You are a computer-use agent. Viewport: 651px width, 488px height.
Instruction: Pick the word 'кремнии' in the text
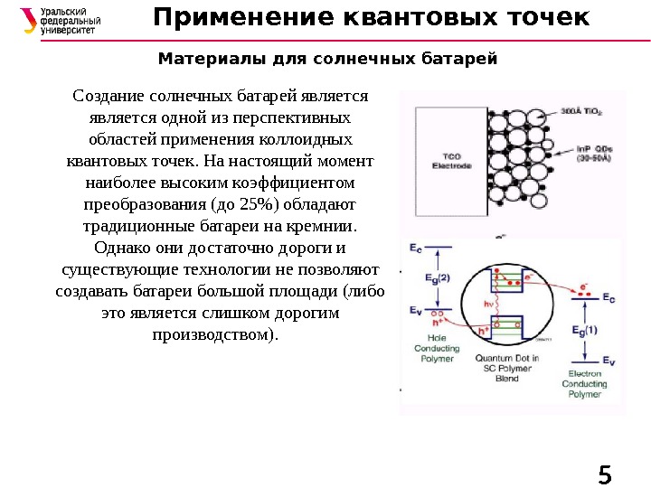322,225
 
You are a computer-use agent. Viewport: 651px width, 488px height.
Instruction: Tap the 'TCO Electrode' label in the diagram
447,161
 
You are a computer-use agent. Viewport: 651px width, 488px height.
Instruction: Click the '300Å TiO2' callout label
581,112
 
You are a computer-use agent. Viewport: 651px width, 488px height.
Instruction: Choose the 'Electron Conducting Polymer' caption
585,383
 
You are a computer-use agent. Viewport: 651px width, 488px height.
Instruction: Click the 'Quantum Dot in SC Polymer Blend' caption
507,368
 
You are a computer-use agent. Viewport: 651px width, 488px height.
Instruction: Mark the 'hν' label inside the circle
489,304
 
